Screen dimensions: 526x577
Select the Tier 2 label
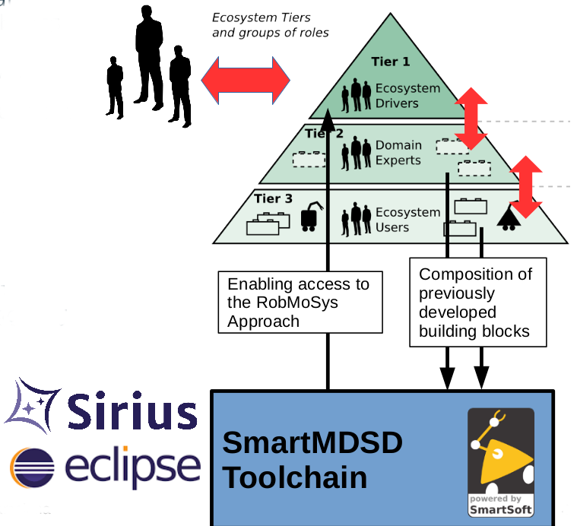point(325,134)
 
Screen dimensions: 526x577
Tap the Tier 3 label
point(273,199)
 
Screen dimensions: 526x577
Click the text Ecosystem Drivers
point(407,96)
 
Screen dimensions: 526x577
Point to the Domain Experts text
point(398,153)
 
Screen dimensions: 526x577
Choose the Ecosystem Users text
point(407,220)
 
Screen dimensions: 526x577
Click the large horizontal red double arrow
point(245,79)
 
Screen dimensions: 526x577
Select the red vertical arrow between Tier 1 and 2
point(471,119)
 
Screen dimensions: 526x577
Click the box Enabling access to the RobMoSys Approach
point(299,303)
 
